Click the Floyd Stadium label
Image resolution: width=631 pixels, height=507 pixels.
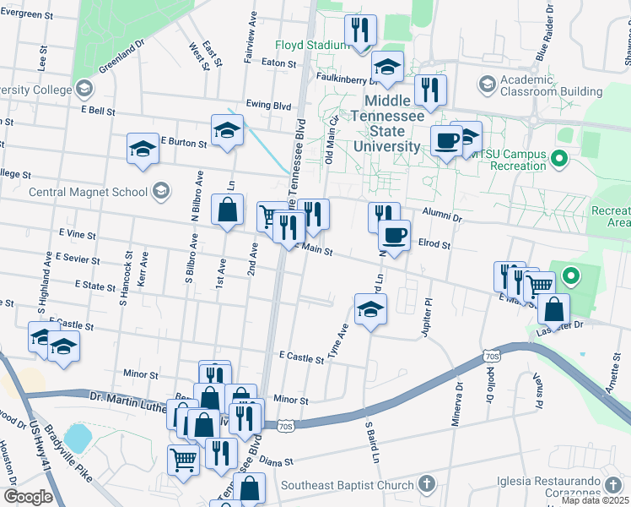(312, 45)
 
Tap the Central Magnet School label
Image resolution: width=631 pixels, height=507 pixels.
(88, 192)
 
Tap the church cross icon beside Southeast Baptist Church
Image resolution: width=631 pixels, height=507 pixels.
(427, 485)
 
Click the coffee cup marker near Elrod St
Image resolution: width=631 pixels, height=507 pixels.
(393, 235)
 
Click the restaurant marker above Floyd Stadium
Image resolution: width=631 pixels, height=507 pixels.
(361, 30)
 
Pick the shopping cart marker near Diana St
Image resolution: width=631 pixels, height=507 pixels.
(183, 460)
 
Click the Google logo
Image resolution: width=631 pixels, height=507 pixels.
(27, 497)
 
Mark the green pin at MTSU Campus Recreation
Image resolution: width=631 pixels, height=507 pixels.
(557, 157)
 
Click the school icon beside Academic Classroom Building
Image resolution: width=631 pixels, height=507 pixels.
(487, 84)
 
